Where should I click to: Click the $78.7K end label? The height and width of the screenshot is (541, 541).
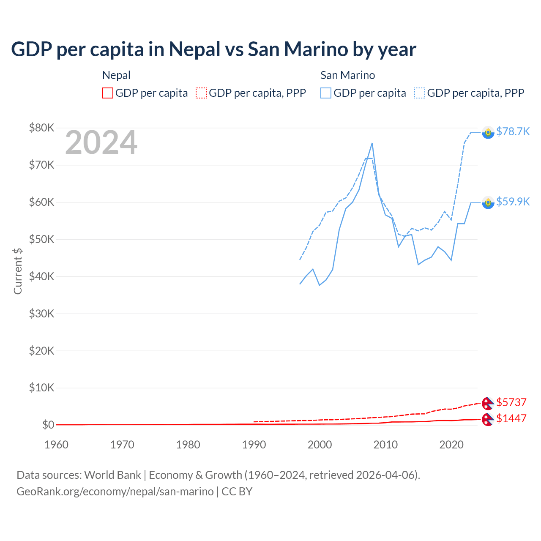click(513, 131)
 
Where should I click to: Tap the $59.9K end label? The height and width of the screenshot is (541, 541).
click(513, 202)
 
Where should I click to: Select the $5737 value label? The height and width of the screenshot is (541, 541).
click(511, 402)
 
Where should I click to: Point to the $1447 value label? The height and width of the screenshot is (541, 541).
click(511, 418)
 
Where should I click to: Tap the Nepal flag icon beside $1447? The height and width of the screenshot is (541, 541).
click(488, 419)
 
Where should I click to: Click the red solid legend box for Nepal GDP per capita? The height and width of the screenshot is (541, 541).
click(108, 93)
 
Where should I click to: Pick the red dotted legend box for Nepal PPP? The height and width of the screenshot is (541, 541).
click(201, 93)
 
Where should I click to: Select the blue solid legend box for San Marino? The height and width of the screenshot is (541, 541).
click(326, 93)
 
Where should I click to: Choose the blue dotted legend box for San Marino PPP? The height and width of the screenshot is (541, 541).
click(420, 93)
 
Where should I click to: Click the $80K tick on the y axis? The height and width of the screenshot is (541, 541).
click(41, 128)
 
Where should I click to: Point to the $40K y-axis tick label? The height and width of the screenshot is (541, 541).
click(41, 276)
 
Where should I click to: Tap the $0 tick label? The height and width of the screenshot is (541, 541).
click(48, 425)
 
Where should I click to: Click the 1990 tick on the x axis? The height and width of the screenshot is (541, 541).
click(254, 445)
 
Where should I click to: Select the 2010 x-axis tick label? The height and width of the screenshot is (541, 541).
click(385, 445)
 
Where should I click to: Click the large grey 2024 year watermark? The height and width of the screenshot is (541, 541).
click(101, 142)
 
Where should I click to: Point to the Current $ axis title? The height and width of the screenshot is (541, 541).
click(18, 271)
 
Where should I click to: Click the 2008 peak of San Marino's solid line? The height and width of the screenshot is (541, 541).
click(372, 143)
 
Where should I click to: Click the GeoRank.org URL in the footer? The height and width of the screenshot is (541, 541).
click(115, 492)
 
